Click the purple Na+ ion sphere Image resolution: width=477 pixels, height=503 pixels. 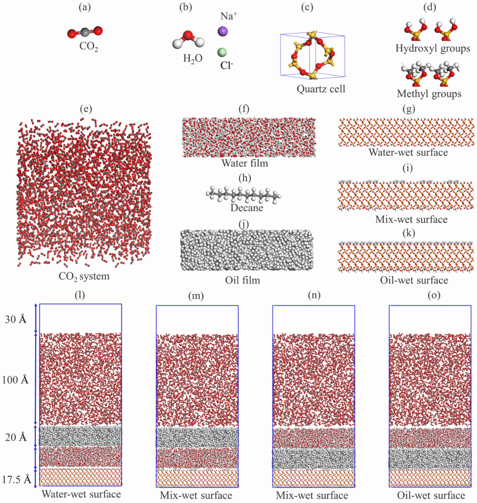click(x=223, y=31)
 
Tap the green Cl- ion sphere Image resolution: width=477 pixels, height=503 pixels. click(x=222, y=52)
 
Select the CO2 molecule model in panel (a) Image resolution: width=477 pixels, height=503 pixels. click(x=85, y=32)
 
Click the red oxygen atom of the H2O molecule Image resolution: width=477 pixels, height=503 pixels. click(x=188, y=36)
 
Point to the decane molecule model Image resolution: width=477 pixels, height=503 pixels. click(x=243, y=194)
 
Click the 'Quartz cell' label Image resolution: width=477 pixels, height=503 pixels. click(x=321, y=89)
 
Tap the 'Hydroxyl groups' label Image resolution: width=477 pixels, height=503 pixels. click(x=432, y=48)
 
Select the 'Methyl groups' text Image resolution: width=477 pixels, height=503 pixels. click(x=429, y=94)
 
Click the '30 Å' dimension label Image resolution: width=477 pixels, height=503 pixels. click(x=16, y=319)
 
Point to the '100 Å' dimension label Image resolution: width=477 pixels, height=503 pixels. click(x=15, y=380)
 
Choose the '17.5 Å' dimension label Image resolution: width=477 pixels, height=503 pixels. click(x=16, y=480)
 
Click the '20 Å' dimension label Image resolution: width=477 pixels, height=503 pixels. click(x=16, y=437)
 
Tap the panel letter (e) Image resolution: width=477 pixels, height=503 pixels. click(x=85, y=109)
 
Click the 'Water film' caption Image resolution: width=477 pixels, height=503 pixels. click(x=244, y=163)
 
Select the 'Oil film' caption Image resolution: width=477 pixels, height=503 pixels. click(x=243, y=280)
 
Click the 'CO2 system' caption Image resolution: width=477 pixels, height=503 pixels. click(x=84, y=276)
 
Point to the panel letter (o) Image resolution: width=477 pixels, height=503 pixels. click(x=434, y=295)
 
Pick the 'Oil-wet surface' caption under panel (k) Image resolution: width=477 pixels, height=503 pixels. click(x=414, y=280)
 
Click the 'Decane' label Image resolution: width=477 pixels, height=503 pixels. click(x=247, y=207)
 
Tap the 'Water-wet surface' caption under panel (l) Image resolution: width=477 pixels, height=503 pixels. click(x=81, y=494)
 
